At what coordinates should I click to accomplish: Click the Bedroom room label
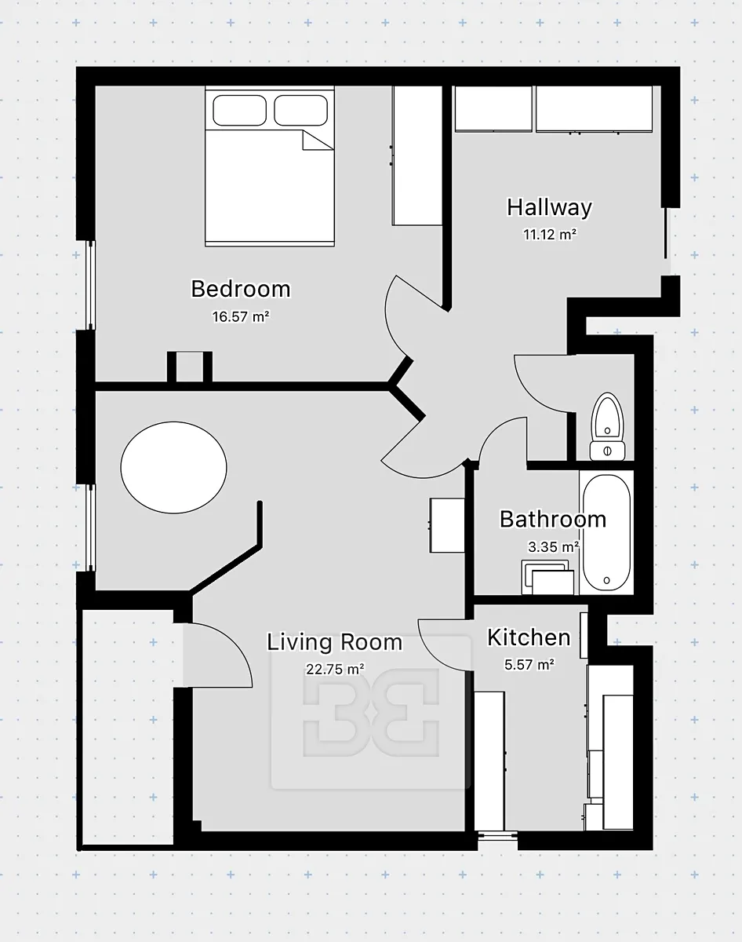point(241,289)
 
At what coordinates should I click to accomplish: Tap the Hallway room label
point(550,207)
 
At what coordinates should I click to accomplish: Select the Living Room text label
point(335,643)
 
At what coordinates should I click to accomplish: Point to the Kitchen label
point(529,637)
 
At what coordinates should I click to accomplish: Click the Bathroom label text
point(553,519)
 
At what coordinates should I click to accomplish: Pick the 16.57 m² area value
point(241,316)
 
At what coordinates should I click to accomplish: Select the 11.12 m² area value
point(550,235)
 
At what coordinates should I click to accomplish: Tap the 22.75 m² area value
point(335,670)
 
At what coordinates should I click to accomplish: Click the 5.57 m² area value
point(529,665)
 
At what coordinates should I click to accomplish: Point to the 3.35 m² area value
point(554,546)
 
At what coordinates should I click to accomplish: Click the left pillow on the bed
point(240,111)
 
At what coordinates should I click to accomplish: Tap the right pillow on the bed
point(301,111)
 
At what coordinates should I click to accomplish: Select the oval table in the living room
point(173,468)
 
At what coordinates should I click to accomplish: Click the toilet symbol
point(607,427)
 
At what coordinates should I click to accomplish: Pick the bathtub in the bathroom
point(607,532)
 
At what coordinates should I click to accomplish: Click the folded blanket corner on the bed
point(318,140)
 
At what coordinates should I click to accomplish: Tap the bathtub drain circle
point(606,580)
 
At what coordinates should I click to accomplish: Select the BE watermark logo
point(370,712)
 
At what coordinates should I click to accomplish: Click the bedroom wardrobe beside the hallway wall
point(417,156)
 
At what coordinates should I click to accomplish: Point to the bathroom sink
point(547,578)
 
